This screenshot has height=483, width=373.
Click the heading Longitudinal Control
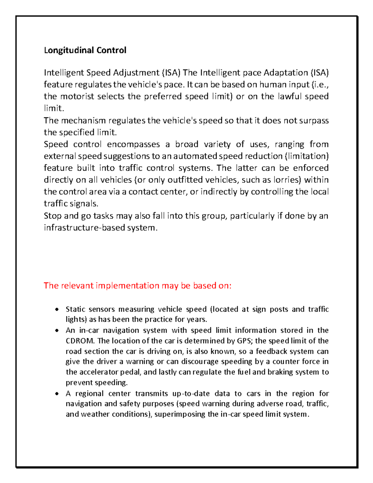click(85, 50)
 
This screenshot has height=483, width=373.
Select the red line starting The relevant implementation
click(137, 286)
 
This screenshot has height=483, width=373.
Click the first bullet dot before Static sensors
click(57, 309)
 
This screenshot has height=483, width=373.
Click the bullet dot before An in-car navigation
click(57, 330)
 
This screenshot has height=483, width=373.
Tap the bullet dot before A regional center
click(57, 394)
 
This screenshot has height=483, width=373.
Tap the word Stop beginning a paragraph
click(53, 216)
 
